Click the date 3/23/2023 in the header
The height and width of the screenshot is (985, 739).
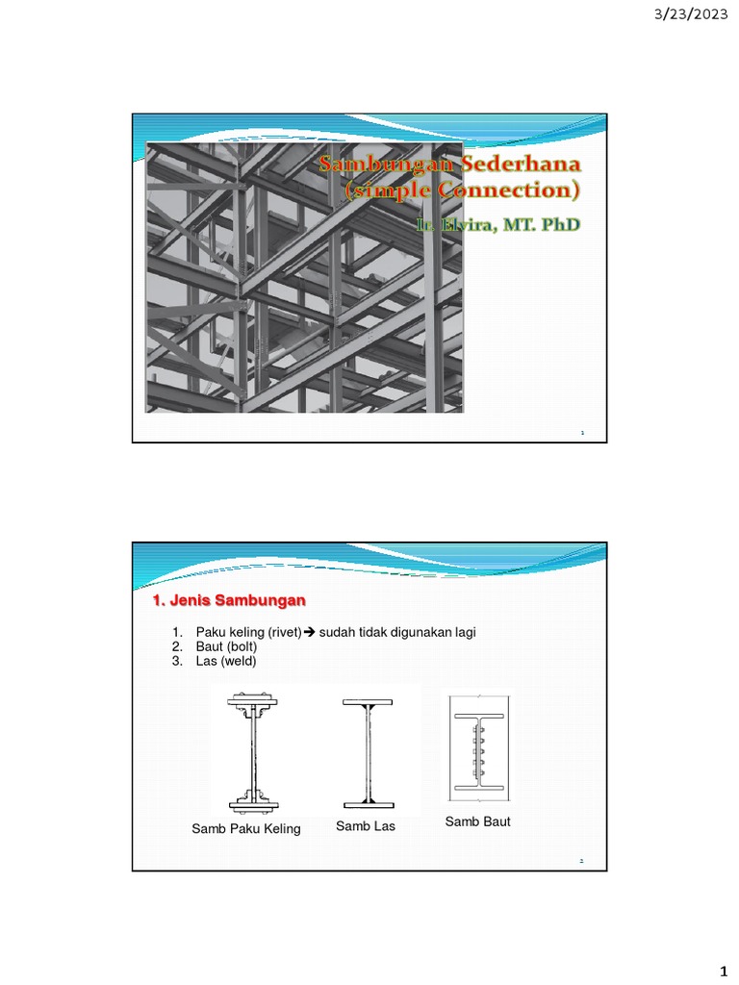[691, 13]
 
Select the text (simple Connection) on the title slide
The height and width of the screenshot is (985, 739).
[462, 189]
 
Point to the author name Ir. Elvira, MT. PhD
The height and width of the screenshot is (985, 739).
[497, 224]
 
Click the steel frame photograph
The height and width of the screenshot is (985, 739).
[304, 277]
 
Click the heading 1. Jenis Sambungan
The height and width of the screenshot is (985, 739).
[229, 600]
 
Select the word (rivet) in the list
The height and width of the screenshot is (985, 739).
[285, 632]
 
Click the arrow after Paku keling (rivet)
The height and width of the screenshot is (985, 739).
[310, 632]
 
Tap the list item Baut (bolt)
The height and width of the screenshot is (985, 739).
[226, 646]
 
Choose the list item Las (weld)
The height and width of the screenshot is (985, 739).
[226, 661]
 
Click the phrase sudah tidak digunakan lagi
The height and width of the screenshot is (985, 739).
[397, 632]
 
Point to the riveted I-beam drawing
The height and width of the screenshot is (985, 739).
[253, 751]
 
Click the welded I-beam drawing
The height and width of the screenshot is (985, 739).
[369, 753]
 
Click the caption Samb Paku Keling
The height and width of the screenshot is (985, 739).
[246, 828]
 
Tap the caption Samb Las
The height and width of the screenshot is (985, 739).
[366, 826]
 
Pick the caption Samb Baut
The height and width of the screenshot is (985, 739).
[477, 821]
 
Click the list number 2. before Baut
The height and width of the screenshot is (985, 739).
[177, 646]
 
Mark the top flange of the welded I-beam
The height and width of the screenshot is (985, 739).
[369, 701]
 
